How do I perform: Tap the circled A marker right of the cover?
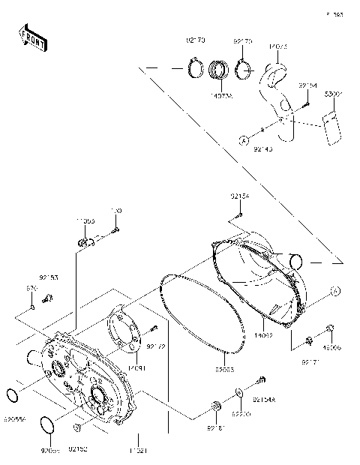pyautogui.click(x=335, y=290)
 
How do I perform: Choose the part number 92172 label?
pyautogui.click(x=155, y=346)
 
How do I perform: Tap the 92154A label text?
pyautogui.click(x=265, y=401)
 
